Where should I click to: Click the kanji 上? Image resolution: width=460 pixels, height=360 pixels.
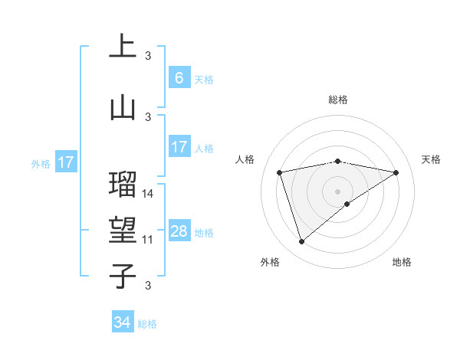[x=123, y=47]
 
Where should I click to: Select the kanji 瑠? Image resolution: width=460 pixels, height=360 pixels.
[x=123, y=183]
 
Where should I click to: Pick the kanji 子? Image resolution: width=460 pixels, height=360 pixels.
[x=123, y=276]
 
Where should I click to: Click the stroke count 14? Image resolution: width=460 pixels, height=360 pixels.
[x=148, y=193]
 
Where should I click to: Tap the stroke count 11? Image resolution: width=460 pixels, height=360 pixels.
[x=148, y=240]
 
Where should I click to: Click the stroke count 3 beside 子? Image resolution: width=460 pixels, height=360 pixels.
[x=148, y=286]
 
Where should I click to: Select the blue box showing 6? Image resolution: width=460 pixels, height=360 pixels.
[x=179, y=78]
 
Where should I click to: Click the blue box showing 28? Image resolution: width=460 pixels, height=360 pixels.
[x=179, y=231]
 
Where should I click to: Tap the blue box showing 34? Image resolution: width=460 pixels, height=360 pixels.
[x=123, y=322]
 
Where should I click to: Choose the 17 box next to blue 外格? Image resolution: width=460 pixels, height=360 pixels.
[x=65, y=162]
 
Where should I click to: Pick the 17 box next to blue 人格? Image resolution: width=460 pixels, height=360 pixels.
[x=179, y=147]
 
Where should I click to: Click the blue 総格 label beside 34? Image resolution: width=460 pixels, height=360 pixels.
[x=147, y=324]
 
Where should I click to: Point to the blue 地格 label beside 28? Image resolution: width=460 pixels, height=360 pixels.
[x=204, y=233]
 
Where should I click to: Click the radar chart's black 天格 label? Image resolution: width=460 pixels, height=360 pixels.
[x=431, y=159]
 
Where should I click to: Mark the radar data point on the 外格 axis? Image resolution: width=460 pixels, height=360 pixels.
[x=301, y=242]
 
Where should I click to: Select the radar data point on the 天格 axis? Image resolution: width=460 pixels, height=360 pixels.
[x=396, y=172]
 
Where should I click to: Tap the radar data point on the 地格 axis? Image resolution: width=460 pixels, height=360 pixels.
[x=347, y=204]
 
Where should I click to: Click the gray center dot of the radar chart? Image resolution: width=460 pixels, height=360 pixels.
[x=337, y=191]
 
